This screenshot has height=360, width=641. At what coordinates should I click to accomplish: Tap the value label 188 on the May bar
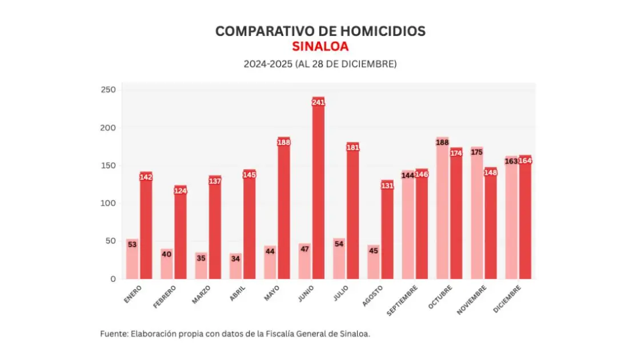pyautogui.click(x=284, y=142)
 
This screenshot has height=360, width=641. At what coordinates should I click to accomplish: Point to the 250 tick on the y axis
pyautogui.click(x=109, y=90)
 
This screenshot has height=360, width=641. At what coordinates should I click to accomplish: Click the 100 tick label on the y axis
pyautogui.click(x=109, y=203)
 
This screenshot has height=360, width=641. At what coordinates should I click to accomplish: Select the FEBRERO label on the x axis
pyautogui.click(x=166, y=297)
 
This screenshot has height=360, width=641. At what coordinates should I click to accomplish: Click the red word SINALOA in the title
pyautogui.click(x=320, y=46)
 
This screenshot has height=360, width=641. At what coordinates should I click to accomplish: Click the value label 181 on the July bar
pyautogui.click(x=353, y=147)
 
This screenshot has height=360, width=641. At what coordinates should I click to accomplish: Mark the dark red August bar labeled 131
pyautogui.click(x=387, y=234)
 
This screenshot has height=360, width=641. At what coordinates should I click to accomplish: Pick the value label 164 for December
pyautogui.click(x=525, y=161)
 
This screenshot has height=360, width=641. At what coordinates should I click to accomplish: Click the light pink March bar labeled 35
pyautogui.click(x=201, y=266)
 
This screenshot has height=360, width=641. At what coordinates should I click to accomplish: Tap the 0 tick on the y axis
pyautogui.click(x=113, y=279)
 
